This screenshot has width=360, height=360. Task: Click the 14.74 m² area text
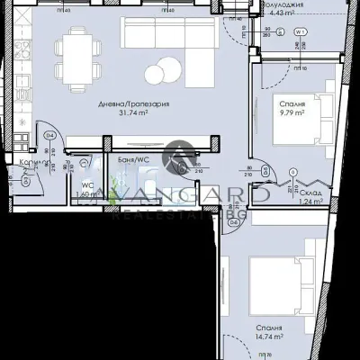269,337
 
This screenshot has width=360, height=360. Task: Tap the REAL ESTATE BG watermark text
180,214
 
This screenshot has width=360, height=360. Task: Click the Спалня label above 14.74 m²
269,328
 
